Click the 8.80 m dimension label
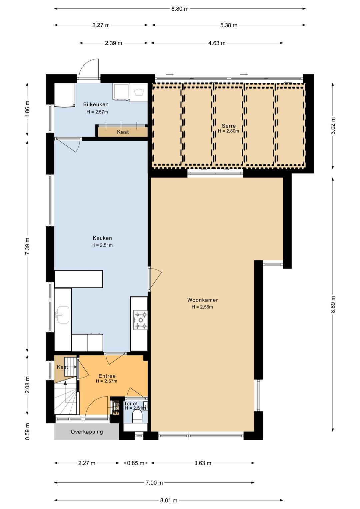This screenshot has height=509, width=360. point(180,9)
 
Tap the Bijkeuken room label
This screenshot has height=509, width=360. point(96,104)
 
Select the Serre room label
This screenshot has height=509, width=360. point(229,126)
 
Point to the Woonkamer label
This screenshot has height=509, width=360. point(203,300)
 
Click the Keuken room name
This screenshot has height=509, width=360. point(102,238)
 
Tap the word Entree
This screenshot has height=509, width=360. point(107,376)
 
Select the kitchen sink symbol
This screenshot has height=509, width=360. point(63,315)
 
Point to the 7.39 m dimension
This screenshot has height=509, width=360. point(27,246)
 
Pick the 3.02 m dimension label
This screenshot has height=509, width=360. point(333,126)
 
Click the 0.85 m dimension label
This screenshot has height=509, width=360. point(136,463)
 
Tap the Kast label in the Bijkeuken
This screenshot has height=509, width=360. point(123,132)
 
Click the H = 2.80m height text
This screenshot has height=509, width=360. point(228,131)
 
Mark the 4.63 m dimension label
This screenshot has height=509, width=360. point(217,43)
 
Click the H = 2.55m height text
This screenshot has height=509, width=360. point(202,307)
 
